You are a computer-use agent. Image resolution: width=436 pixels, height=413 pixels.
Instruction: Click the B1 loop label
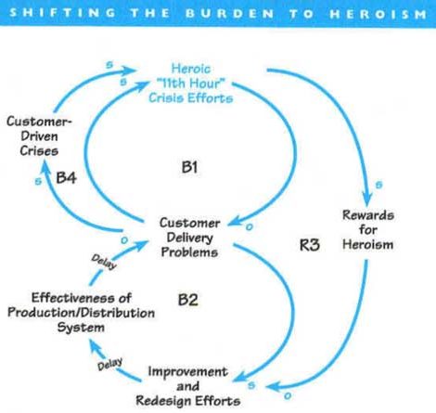(189, 167)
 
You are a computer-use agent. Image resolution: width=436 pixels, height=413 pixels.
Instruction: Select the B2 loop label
(188, 300)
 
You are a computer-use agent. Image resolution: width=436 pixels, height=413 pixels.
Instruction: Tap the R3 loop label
(310, 245)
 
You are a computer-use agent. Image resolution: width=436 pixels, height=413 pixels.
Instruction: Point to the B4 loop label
(66, 178)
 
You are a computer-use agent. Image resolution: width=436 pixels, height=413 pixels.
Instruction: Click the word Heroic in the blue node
(191, 69)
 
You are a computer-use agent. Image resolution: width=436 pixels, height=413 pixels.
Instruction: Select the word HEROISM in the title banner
(378, 14)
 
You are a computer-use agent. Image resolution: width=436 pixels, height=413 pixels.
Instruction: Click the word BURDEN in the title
(230, 14)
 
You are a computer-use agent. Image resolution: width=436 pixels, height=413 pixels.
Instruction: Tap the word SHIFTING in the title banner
(62, 13)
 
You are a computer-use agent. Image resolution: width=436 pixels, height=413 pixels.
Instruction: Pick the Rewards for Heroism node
(368, 230)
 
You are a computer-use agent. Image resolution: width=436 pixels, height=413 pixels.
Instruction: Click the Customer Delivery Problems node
(190, 238)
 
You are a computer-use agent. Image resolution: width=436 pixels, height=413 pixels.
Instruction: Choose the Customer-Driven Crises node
(39, 136)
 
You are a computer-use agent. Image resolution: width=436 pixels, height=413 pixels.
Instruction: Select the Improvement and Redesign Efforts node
(188, 386)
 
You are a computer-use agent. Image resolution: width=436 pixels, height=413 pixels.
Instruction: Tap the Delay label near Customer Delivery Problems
(104, 262)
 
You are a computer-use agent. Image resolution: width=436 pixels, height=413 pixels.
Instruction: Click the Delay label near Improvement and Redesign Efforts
(109, 364)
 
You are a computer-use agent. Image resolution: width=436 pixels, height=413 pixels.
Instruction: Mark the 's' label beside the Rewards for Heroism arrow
(378, 185)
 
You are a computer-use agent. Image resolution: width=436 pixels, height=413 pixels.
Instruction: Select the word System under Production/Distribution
(81, 328)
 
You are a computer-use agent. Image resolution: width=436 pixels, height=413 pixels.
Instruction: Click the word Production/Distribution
(81, 313)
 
